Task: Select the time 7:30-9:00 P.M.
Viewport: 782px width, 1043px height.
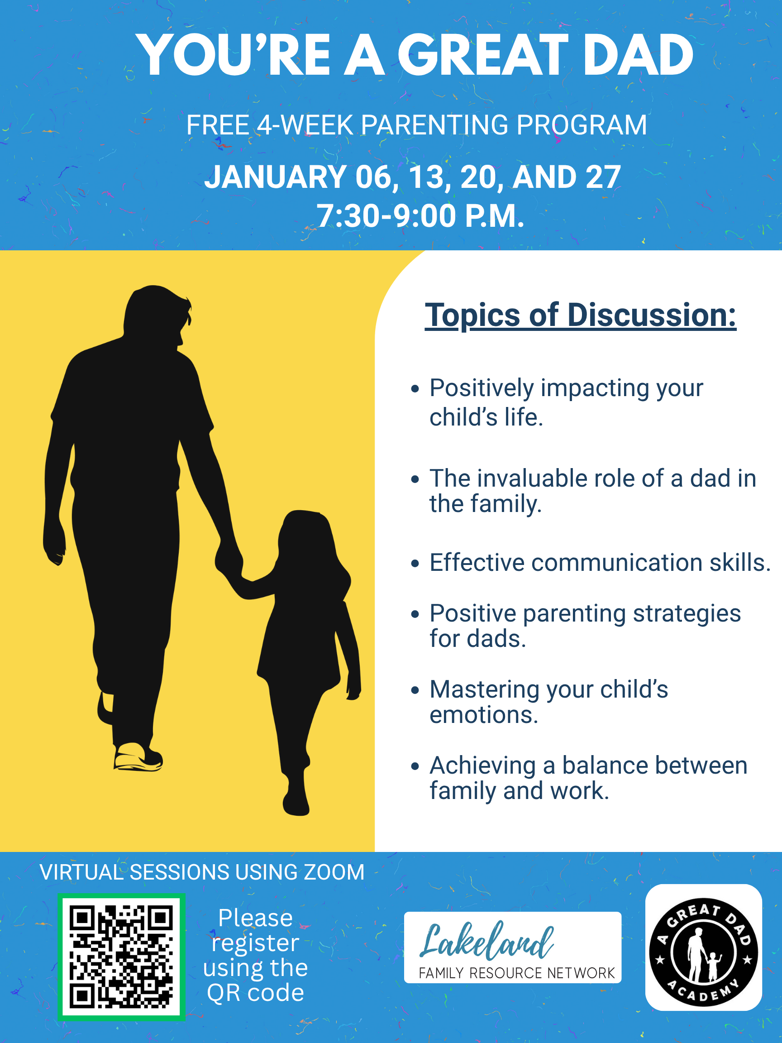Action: pyautogui.click(x=420, y=216)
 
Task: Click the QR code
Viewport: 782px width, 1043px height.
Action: pyautogui.click(x=121, y=957)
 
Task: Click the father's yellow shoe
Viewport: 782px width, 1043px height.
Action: pyautogui.click(x=137, y=757)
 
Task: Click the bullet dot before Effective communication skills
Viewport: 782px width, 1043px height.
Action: pyautogui.click(x=415, y=564)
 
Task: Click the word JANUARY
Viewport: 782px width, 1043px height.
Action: pyautogui.click(x=276, y=177)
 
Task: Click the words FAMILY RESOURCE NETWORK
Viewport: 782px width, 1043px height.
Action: pyautogui.click(x=517, y=973)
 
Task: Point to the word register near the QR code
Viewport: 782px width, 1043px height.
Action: pyautogui.click(x=256, y=943)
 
